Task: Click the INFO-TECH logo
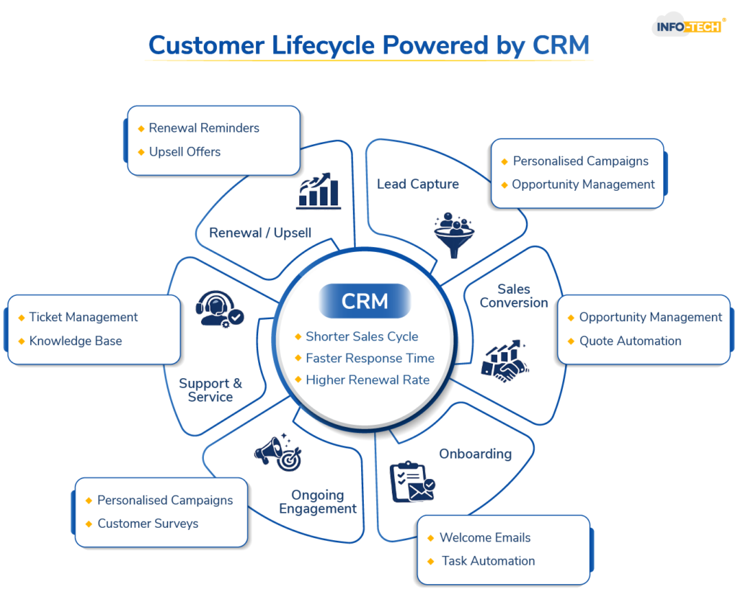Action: [x=688, y=27]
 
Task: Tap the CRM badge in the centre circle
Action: [x=365, y=301]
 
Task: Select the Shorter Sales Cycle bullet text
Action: [x=362, y=336]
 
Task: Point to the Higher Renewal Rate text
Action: [x=368, y=380]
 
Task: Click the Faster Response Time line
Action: [x=370, y=358]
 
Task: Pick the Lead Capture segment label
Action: [x=418, y=184]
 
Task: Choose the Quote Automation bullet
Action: [x=630, y=341]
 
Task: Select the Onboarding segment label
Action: [x=476, y=454]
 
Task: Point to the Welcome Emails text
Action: [x=485, y=537]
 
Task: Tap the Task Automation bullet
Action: [x=488, y=561]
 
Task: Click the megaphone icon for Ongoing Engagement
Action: [x=278, y=452]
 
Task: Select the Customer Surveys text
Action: [x=148, y=524]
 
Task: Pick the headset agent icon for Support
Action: [x=218, y=308]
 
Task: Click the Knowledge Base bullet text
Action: [x=76, y=341]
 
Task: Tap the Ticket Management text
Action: [x=84, y=317]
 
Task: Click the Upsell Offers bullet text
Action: [x=184, y=152]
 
